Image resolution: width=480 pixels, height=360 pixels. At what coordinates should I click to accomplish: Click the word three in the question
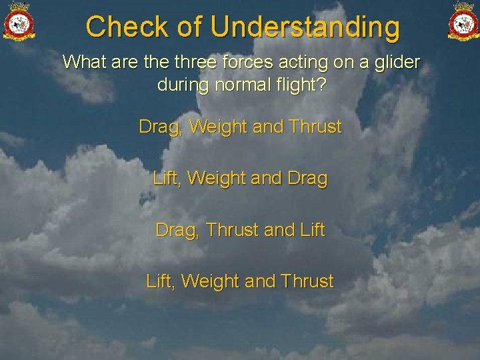(198, 63)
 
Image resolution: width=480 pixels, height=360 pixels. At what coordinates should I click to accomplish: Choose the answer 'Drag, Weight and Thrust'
(240, 127)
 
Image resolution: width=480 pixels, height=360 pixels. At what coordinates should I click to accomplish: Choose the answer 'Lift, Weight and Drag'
(240, 179)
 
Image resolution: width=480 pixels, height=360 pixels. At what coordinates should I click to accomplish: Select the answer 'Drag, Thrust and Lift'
(240, 230)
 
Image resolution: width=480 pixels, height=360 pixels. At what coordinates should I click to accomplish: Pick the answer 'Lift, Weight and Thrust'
(240, 281)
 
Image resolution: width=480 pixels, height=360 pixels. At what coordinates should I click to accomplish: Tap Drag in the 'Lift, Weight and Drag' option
(307, 179)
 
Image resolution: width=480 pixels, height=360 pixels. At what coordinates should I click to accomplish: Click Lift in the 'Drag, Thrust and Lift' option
(312, 230)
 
